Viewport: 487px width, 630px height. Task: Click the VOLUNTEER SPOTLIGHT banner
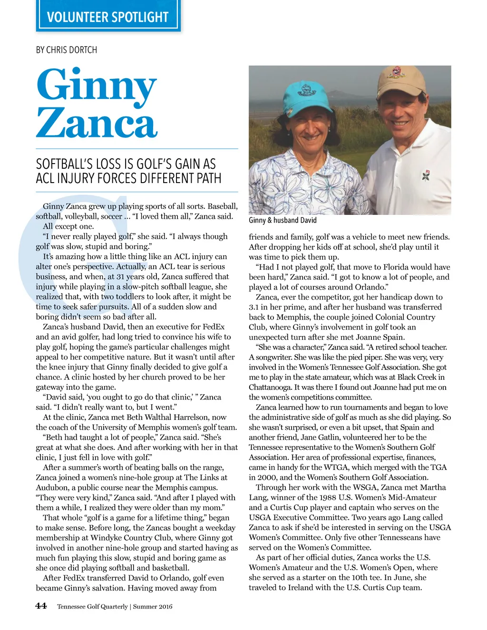[108, 18]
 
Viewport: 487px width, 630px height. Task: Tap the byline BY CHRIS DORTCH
[67, 50]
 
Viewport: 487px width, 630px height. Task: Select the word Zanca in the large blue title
[97, 123]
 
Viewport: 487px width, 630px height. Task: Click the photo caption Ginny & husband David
[282, 220]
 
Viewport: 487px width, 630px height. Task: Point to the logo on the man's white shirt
[426, 175]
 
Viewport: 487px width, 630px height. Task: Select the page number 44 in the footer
[41, 606]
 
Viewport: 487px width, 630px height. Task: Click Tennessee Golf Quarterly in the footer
[92, 607]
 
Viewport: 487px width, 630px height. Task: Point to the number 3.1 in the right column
[254, 307]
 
